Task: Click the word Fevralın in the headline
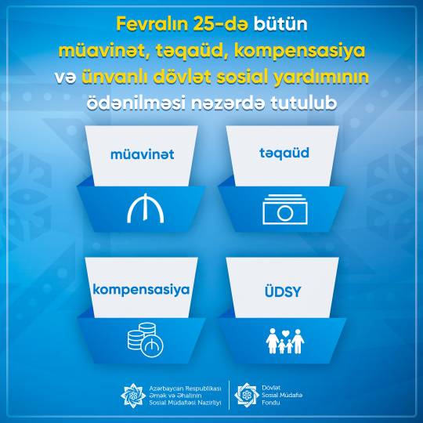(152, 24)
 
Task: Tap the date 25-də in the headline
(221, 24)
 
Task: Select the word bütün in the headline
(280, 24)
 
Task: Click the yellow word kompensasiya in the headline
(300, 51)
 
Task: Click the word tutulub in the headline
(304, 103)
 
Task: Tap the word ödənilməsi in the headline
(136, 103)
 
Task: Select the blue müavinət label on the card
(142, 154)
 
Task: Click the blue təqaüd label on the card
(284, 154)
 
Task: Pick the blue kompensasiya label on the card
(141, 290)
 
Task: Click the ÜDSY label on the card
(283, 291)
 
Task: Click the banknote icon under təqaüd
(285, 209)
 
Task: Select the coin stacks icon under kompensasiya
(146, 340)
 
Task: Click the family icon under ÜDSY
(285, 341)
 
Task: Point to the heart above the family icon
(285, 334)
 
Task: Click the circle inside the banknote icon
(285, 213)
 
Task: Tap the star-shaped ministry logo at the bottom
(133, 396)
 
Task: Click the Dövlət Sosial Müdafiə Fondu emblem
(247, 395)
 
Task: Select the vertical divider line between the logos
(229, 395)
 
